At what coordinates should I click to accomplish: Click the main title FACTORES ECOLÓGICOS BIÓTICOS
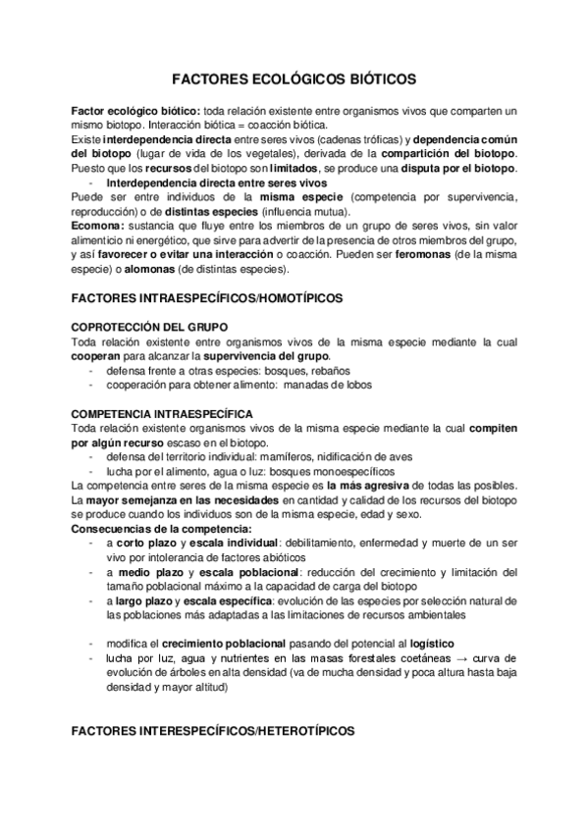click(294, 77)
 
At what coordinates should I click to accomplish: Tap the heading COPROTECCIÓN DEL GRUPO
click(150, 326)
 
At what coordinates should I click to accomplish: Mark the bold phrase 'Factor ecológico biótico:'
click(136, 112)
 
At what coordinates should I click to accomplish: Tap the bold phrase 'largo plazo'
click(146, 600)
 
